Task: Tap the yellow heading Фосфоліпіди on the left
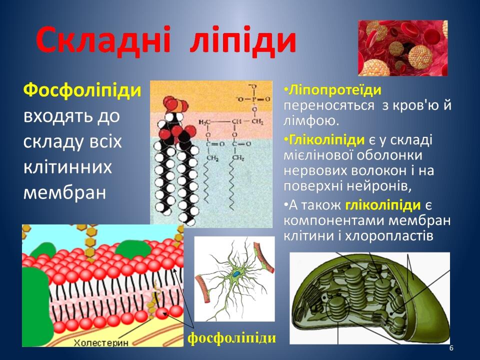coord(82,91)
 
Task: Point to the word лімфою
coord(311,121)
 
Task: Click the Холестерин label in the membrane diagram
coord(101,342)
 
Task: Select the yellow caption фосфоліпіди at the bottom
coord(231,338)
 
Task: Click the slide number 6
coord(451,348)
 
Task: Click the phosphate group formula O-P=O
coord(254,99)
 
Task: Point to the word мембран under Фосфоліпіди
coord(64,193)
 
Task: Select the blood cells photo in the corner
coord(403,48)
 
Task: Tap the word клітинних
coord(67,167)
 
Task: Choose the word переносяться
coord(329,105)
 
